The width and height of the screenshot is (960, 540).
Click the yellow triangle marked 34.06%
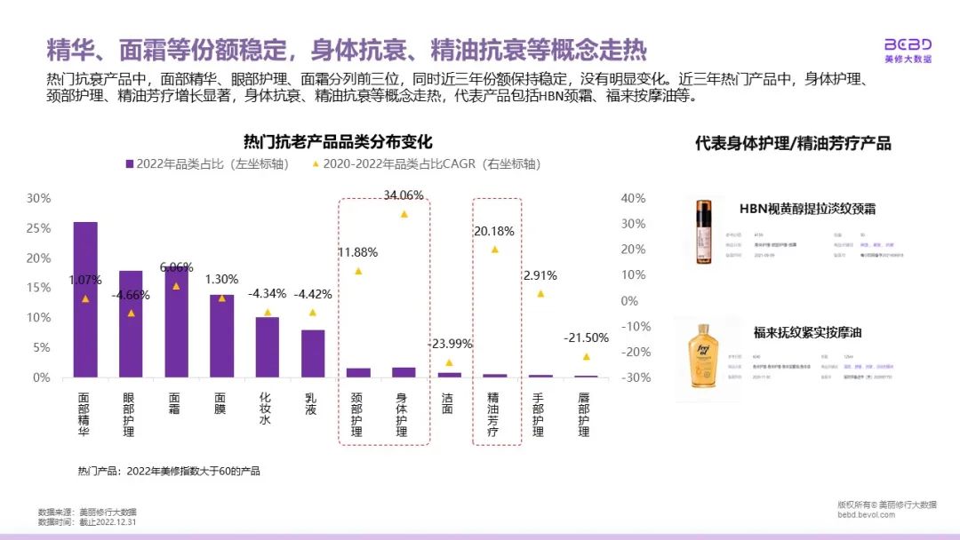click(x=404, y=214)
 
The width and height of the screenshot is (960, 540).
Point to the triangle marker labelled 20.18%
click(x=495, y=250)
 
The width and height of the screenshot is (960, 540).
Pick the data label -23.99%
click(x=449, y=344)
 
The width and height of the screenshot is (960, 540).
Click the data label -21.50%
click(x=587, y=337)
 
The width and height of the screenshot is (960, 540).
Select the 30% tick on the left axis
click(x=38, y=198)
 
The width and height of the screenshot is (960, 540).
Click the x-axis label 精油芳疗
click(x=494, y=417)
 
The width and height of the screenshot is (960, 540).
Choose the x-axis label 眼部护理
click(x=131, y=417)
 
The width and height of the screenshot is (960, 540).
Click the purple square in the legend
click(x=130, y=164)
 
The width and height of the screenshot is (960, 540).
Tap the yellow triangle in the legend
click(x=315, y=164)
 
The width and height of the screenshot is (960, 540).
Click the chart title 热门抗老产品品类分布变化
click(x=338, y=142)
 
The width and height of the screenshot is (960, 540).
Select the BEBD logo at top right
click(x=908, y=50)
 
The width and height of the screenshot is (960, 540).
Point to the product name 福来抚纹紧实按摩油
click(x=807, y=333)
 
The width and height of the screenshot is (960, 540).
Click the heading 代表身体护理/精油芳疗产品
click(x=793, y=143)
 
